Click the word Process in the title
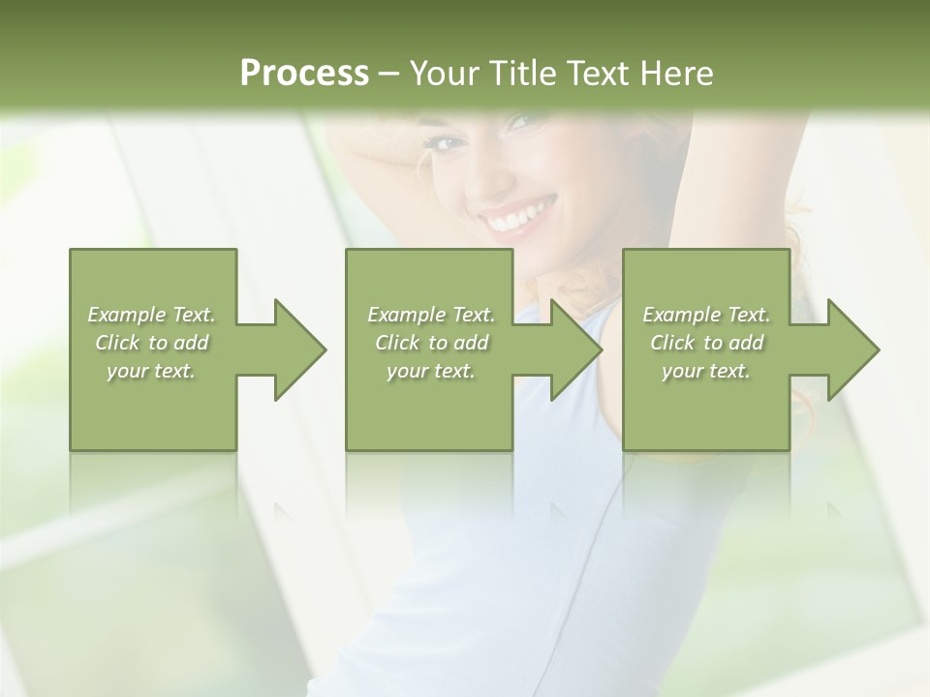tap(304, 74)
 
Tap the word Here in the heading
tap(677, 74)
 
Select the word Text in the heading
tap(599, 74)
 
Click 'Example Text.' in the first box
tap(152, 315)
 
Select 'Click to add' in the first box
tap(152, 343)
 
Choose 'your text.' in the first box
tap(152, 371)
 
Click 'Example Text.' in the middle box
tap(431, 315)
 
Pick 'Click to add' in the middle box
tap(431, 343)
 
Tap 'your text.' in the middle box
tap(431, 371)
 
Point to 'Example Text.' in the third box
tap(706, 315)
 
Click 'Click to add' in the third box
tap(706, 343)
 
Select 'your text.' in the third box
tap(706, 371)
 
